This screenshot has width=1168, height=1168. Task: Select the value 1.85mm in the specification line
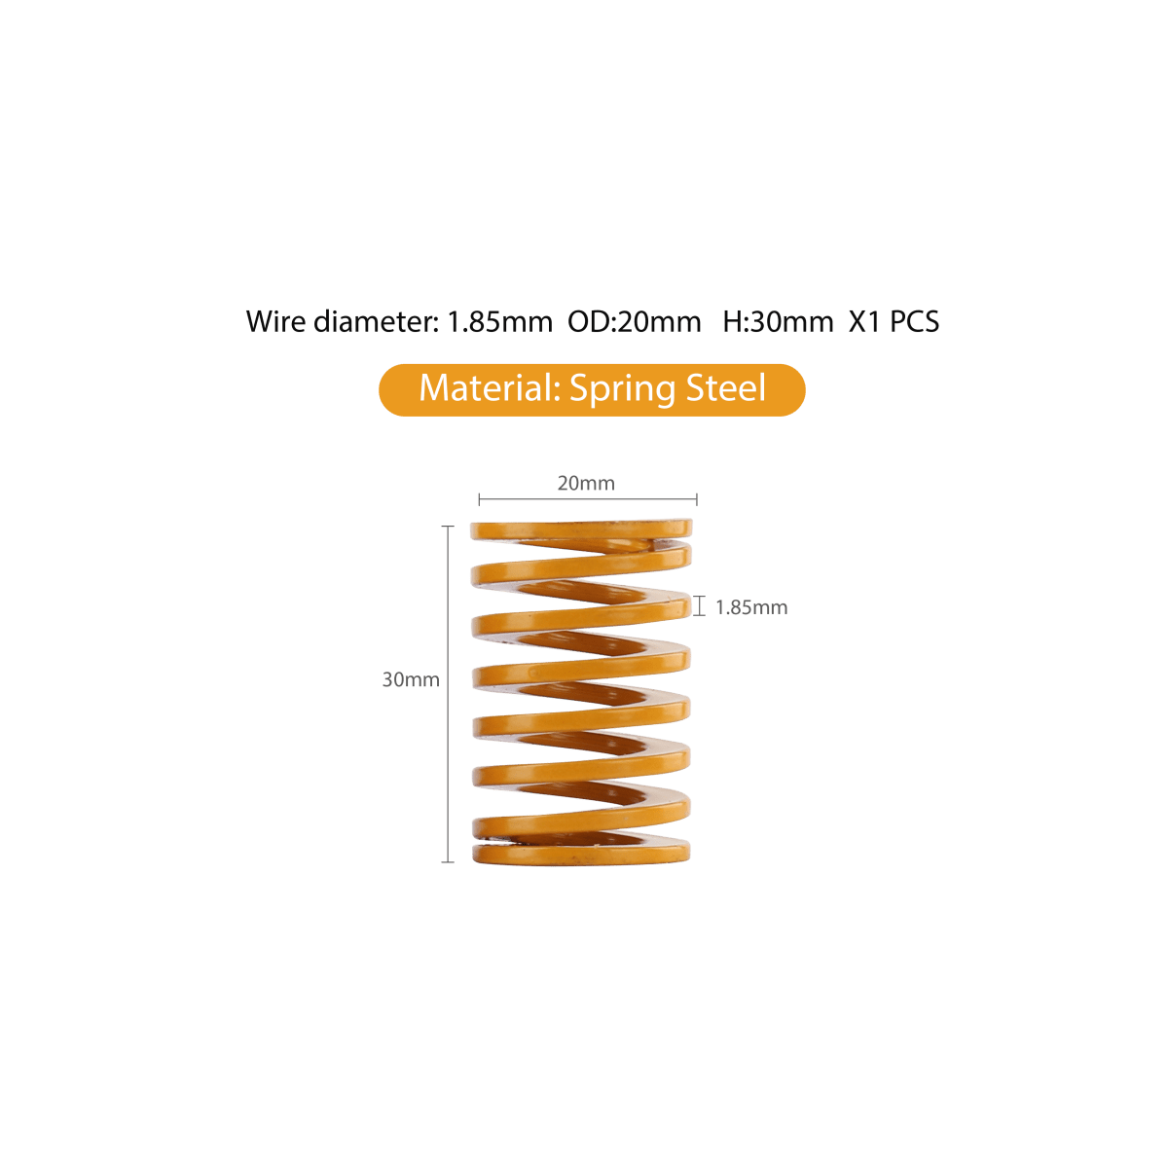click(498, 321)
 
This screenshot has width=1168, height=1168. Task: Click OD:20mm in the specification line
click(634, 321)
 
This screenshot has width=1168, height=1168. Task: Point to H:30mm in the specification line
click(778, 321)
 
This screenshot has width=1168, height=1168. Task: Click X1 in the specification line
click(863, 321)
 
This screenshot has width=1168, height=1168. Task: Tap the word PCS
click(915, 321)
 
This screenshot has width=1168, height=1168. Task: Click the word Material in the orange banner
click(487, 388)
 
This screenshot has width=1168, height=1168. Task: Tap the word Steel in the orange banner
click(726, 388)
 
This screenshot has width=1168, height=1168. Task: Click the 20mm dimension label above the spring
click(585, 483)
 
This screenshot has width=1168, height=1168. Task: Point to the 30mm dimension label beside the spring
click(410, 679)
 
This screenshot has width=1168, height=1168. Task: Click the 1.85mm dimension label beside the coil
click(750, 607)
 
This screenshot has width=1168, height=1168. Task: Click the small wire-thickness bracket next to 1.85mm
click(698, 607)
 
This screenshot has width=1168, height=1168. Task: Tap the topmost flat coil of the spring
click(581, 529)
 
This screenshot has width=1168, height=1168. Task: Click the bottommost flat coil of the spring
click(581, 854)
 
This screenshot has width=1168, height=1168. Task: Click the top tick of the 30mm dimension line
click(449, 526)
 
